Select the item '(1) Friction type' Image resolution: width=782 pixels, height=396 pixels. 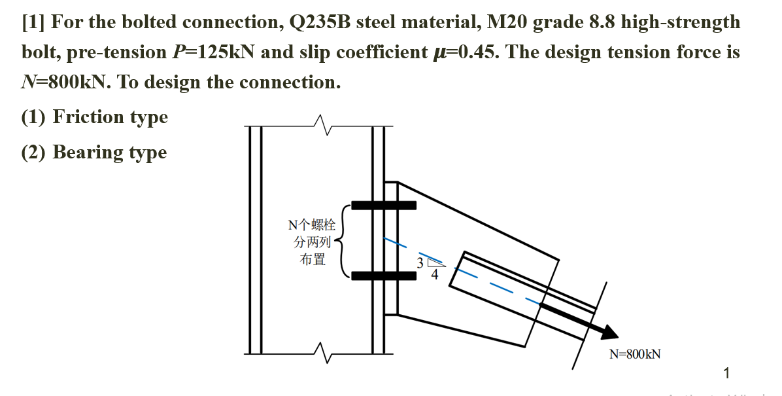coord(94,117)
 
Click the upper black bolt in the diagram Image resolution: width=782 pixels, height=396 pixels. coord(384,206)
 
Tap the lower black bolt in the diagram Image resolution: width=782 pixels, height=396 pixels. coord(384,276)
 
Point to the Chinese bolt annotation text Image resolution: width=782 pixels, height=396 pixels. coord(312,242)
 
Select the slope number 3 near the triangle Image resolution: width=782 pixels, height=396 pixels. coord(420,262)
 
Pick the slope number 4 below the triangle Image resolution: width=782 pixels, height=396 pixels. coord(434,275)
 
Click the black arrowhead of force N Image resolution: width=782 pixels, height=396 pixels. coord(607,331)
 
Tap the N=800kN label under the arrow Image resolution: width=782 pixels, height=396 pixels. coord(634,354)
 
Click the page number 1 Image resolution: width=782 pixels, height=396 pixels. coord(726,374)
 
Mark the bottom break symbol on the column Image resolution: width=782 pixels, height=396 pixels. coord(320,353)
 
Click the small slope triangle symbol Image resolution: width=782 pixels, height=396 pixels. coord(436,263)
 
